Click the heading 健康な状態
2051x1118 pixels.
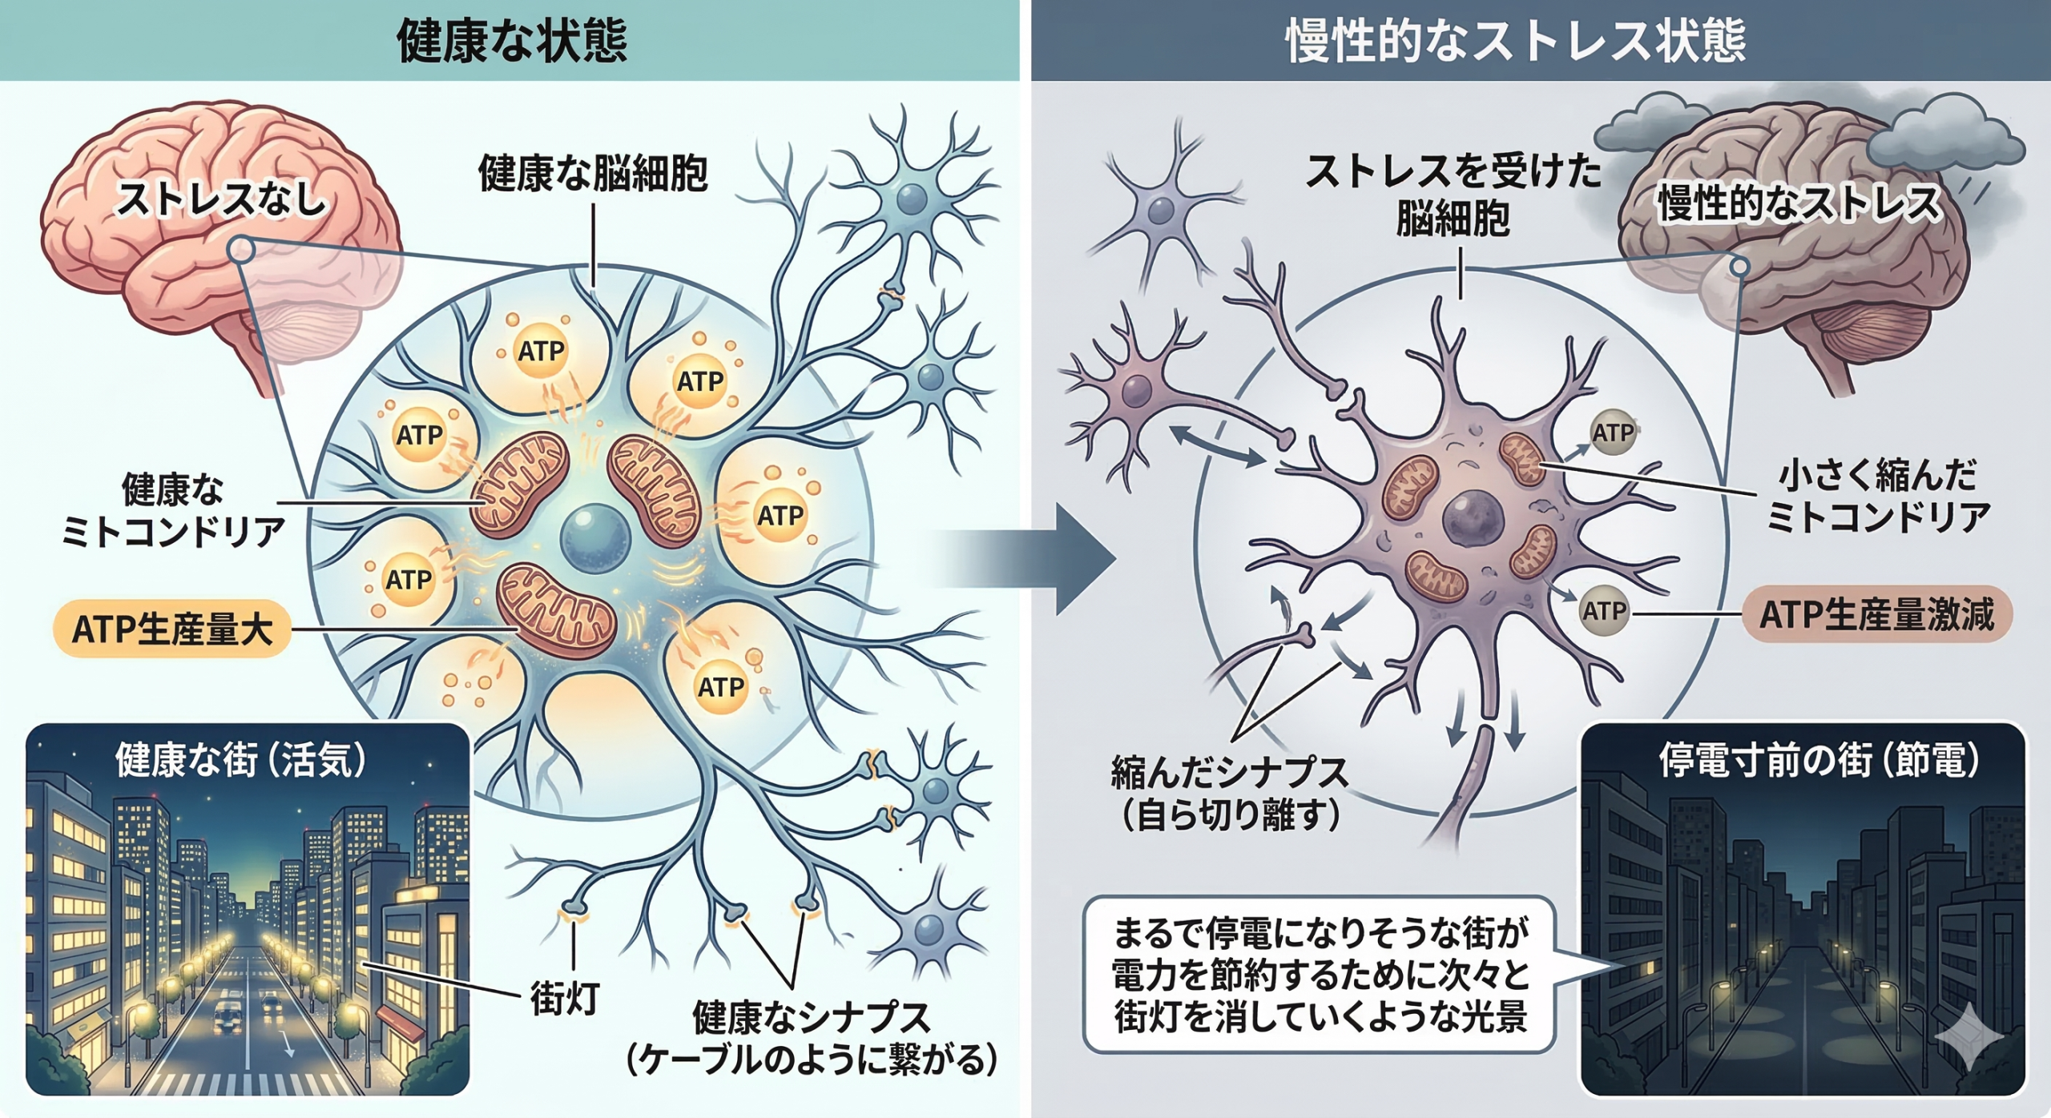[x=511, y=40]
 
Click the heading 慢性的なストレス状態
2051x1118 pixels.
[x=1516, y=40]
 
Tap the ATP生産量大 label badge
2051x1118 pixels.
[x=171, y=629]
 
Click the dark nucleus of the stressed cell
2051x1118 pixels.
[x=1473, y=520]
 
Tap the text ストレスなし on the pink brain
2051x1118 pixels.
[x=221, y=199]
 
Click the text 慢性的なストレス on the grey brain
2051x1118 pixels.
[x=1798, y=203]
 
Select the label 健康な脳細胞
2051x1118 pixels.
[x=593, y=174]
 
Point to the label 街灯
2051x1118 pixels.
[x=564, y=998]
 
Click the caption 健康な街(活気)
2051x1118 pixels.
[x=240, y=759]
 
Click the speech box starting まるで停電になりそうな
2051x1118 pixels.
[x=1320, y=974]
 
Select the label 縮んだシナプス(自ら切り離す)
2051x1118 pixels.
[x=1229, y=793]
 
